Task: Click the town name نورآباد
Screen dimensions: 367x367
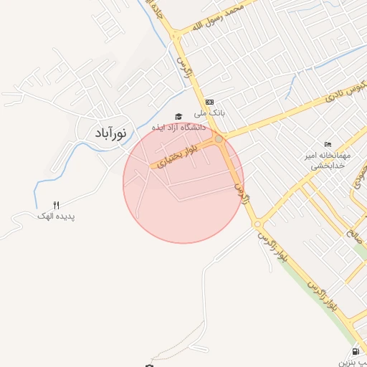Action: click(x=110, y=133)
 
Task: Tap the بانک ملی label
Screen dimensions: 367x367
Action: click(x=212, y=113)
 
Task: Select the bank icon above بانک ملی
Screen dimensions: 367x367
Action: click(x=209, y=102)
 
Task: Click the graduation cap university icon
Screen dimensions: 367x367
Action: click(x=178, y=116)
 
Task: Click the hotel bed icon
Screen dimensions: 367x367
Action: click(x=328, y=144)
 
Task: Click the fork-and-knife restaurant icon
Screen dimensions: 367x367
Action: click(x=57, y=205)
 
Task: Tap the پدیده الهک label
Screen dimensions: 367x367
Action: click(x=57, y=216)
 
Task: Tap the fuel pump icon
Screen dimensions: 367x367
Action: click(x=356, y=352)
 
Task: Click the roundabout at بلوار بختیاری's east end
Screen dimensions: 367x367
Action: click(x=219, y=139)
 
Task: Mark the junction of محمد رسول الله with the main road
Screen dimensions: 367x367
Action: click(x=174, y=34)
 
